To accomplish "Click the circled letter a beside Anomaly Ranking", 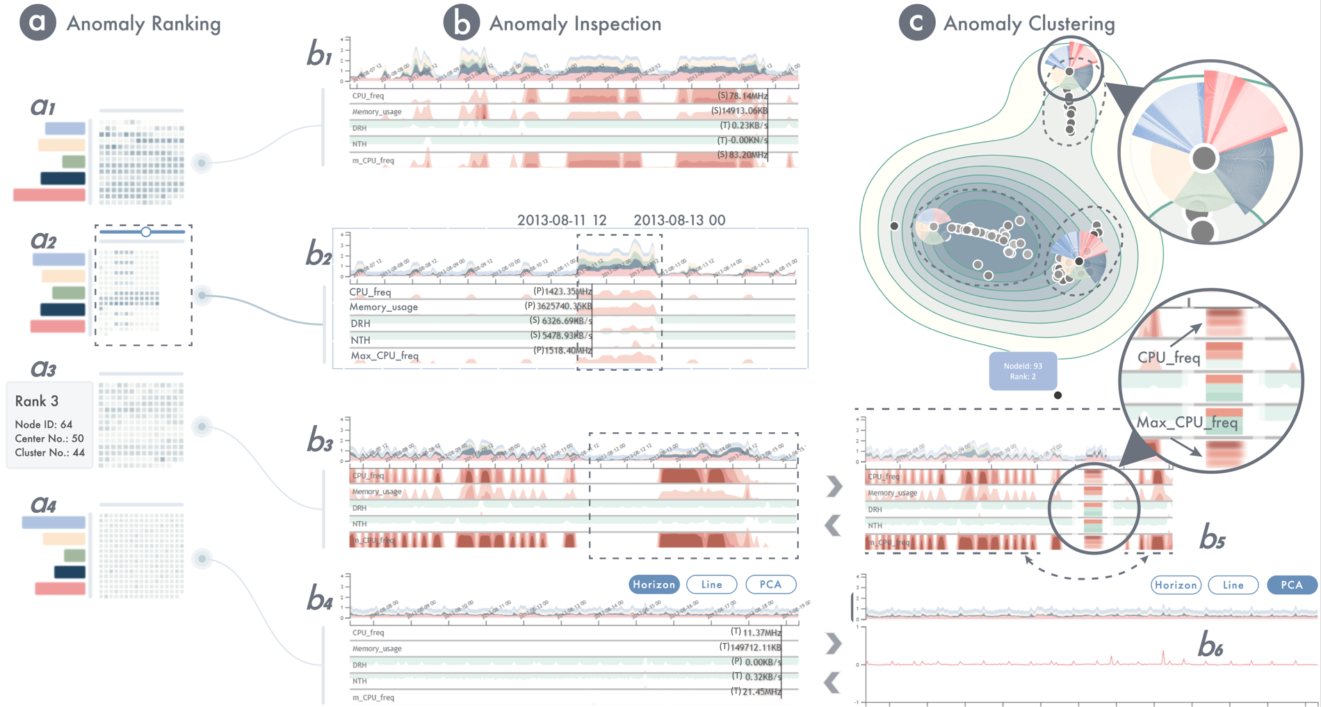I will [x=38, y=22].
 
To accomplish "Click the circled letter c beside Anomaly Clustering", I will [x=916, y=22].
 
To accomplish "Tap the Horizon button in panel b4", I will [x=654, y=585].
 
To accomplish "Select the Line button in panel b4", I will [x=711, y=585].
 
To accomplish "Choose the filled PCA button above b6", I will [x=1291, y=585].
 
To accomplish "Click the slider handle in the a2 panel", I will [x=146, y=232].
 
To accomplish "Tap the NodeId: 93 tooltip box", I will [x=1023, y=371].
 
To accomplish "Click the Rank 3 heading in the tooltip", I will [x=37, y=402].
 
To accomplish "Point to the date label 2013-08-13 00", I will [x=679, y=221].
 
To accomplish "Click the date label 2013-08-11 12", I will [x=562, y=221].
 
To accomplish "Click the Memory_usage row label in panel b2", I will [x=383, y=307].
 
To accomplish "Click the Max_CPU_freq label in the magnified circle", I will [x=1186, y=423].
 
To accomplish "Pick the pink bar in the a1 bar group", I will [x=49, y=195].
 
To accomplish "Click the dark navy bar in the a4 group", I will [x=70, y=572].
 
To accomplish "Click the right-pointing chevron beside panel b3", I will [x=834, y=486].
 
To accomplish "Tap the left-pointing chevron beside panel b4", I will [x=832, y=683].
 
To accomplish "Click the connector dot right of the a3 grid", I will [x=202, y=427].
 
